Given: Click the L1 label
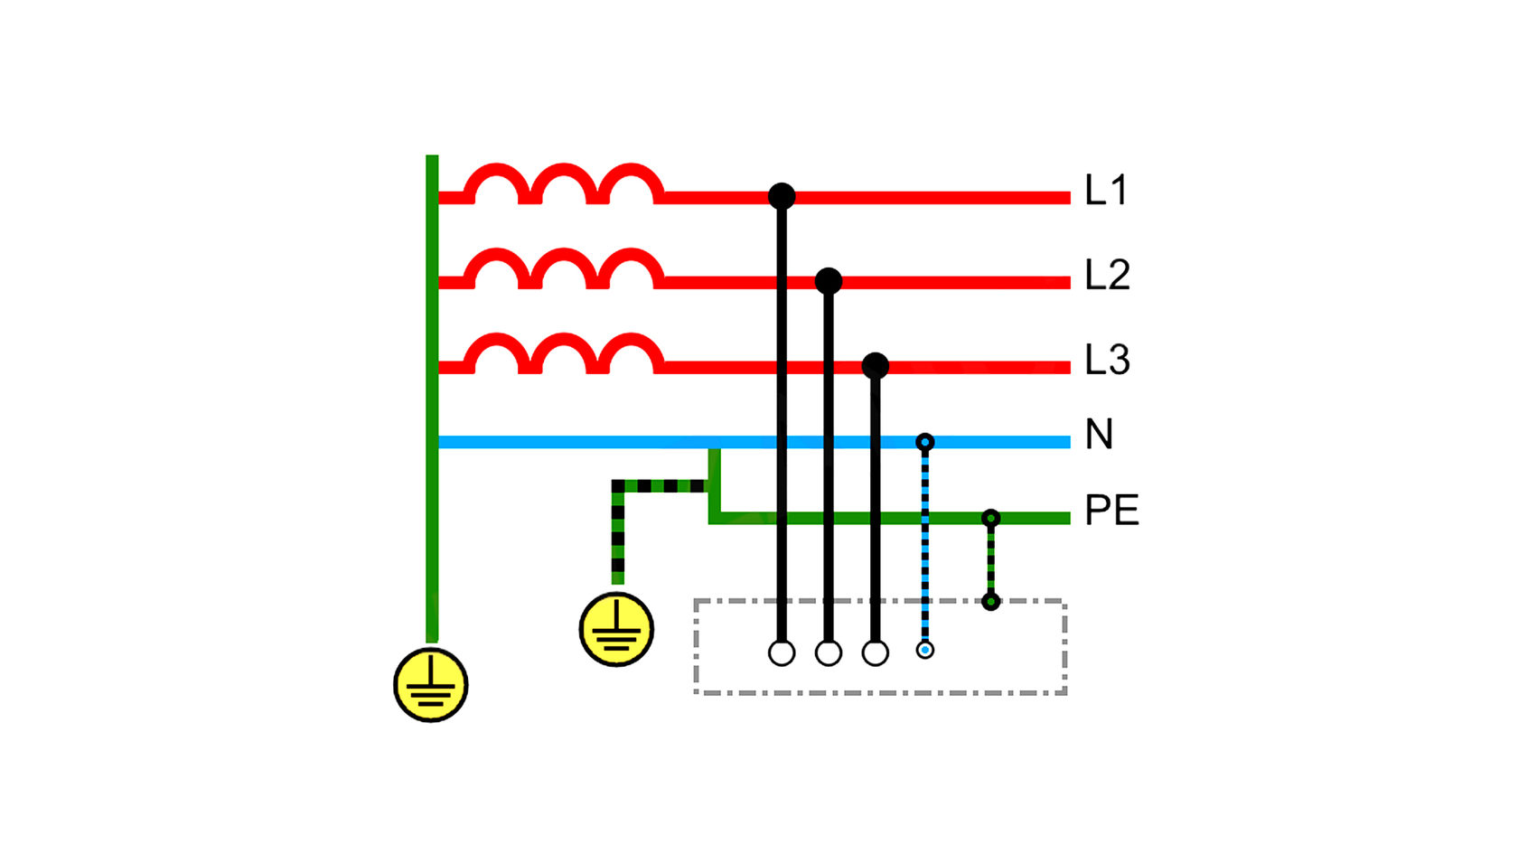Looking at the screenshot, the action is click(1106, 190).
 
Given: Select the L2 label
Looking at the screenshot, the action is click(1108, 275).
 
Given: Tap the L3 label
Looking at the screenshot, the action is click(1108, 360).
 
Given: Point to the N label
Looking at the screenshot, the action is click(1099, 435).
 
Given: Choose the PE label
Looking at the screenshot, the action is click(1111, 511).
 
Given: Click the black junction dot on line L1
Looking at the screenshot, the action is click(782, 196).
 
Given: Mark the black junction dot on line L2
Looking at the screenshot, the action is click(828, 280).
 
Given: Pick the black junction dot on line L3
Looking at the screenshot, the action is click(875, 366).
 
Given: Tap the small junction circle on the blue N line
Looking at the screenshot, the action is click(925, 443).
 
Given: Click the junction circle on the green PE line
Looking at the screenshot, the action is click(990, 519).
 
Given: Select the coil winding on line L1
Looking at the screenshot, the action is click(564, 183).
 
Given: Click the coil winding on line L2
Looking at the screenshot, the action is click(564, 268).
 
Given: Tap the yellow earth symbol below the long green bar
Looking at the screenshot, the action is click(430, 685).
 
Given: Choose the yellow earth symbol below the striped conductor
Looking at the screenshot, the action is click(616, 629).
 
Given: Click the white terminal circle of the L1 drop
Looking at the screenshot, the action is click(782, 653).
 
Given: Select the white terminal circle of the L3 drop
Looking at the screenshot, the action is click(875, 653).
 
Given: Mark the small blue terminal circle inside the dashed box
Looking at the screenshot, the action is click(925, 650).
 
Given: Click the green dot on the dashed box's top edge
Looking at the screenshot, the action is click(990, 601).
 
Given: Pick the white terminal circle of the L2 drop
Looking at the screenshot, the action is click(828, 653).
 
